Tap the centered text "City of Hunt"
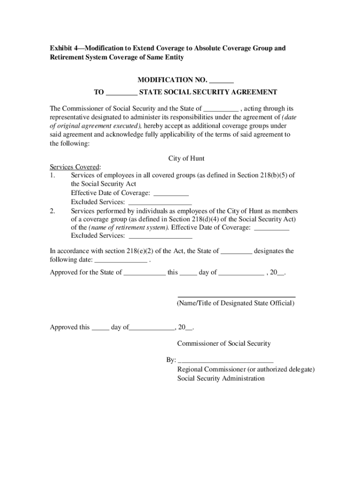coord(186,159)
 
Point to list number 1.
coord(52,175)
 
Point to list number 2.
coord(52,211)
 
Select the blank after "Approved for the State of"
coord(144,273)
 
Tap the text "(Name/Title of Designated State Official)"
coord(236,303)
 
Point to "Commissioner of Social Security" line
coord(224,344)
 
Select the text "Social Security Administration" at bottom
coord(221,378)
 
